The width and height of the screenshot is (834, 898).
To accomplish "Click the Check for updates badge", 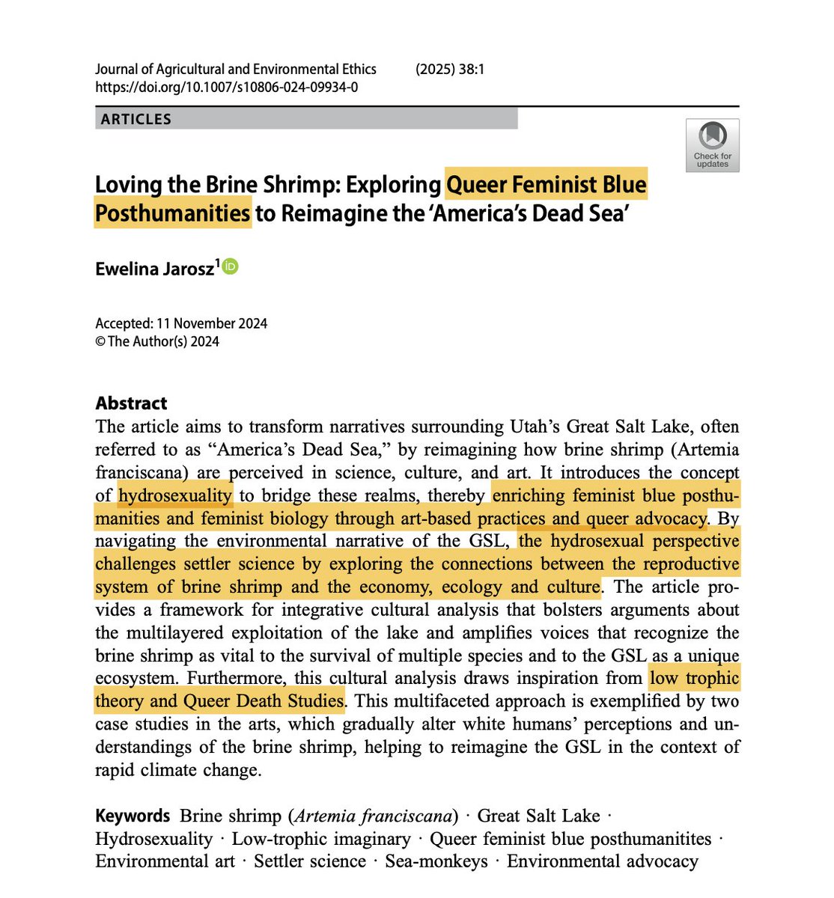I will point(712,145).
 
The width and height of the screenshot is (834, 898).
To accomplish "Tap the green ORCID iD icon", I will point(230,266).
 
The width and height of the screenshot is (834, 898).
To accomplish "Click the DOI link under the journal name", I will point(226,87).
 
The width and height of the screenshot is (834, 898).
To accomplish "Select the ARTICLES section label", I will point(136,119).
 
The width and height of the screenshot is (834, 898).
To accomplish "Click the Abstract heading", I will point(131,403).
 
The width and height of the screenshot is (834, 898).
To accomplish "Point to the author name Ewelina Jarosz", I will point(155,269).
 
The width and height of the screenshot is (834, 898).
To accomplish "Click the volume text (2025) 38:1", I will point(450,70).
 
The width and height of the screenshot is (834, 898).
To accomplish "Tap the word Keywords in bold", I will point(133,815).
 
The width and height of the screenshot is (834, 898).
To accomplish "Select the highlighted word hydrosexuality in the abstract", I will point(175,495).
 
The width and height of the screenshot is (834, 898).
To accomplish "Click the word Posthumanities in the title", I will point(172,213).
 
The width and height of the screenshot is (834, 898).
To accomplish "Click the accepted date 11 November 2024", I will point(212,323).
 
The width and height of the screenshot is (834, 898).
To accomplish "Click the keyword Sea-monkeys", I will point(436,861).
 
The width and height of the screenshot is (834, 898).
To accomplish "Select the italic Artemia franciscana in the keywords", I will point(375,816).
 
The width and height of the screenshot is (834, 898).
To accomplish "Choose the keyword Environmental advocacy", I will point(602,861).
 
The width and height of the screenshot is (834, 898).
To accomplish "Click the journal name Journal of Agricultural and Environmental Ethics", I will point(236,70).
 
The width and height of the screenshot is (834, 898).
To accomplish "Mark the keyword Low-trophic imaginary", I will point(321,839).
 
